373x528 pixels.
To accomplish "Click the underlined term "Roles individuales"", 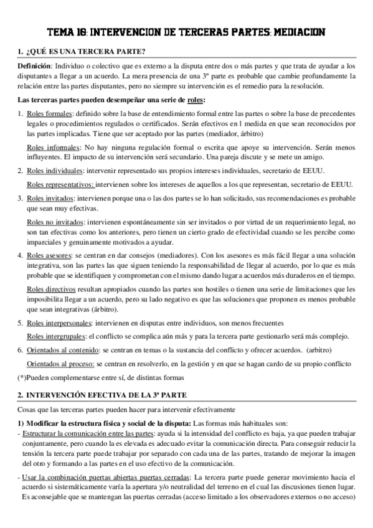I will click(x=55, y=171).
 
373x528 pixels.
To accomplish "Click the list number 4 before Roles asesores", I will click(x=20, y=254).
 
